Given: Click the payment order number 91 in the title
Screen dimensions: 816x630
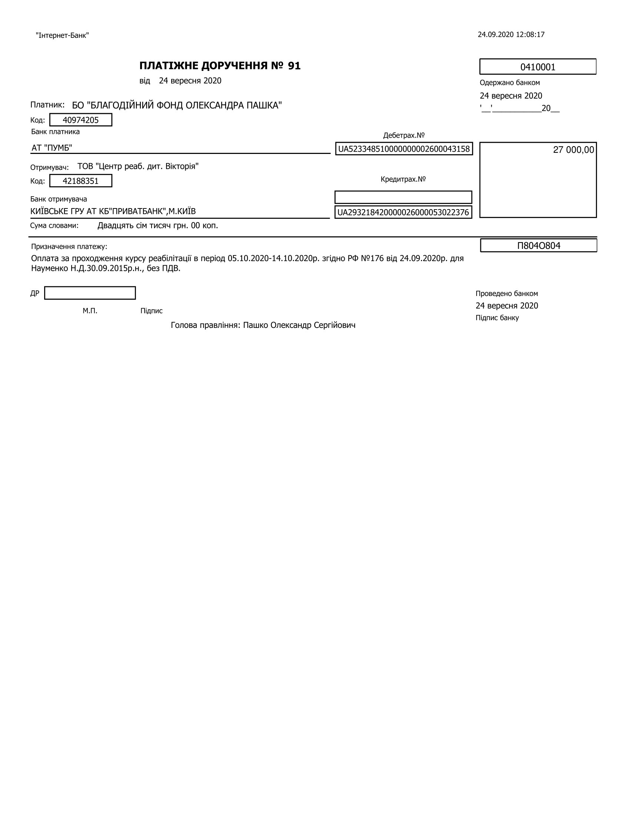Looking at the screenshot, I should tap(294, 66).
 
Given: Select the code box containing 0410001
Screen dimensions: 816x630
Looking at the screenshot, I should tap(537, 67).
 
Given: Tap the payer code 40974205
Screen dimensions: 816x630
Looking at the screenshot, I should tap(81, 120).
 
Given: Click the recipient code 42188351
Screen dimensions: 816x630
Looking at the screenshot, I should tap(81, 181).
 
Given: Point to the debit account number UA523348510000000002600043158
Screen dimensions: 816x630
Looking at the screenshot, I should tap(404, 149).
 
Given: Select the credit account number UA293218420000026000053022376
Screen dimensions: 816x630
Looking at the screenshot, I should tap(403, 212).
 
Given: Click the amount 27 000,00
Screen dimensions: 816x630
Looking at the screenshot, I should tap(573, 150).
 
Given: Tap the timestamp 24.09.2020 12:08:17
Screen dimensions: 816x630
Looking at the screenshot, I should tap(511, 35).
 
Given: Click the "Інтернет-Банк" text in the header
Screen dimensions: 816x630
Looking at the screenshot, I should tap(62, 36).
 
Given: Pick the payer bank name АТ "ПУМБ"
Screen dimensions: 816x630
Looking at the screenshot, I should tap(52, 148).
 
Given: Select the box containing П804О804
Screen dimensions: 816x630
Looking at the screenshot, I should tap(538, 246).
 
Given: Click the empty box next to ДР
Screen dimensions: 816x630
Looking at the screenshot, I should tap(90, 293).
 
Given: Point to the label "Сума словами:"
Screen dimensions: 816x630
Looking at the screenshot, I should tap(54, 226).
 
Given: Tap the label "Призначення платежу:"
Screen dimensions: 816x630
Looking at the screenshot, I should tap(69, 247).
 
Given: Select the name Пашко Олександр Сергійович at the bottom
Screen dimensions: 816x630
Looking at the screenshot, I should tap(299, 325).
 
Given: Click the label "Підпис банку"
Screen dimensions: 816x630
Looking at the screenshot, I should tap(497, 317).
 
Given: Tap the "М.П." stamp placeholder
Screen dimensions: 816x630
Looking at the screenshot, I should tap(90, 311).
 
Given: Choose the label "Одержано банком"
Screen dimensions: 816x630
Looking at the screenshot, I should tap(510, 83).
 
